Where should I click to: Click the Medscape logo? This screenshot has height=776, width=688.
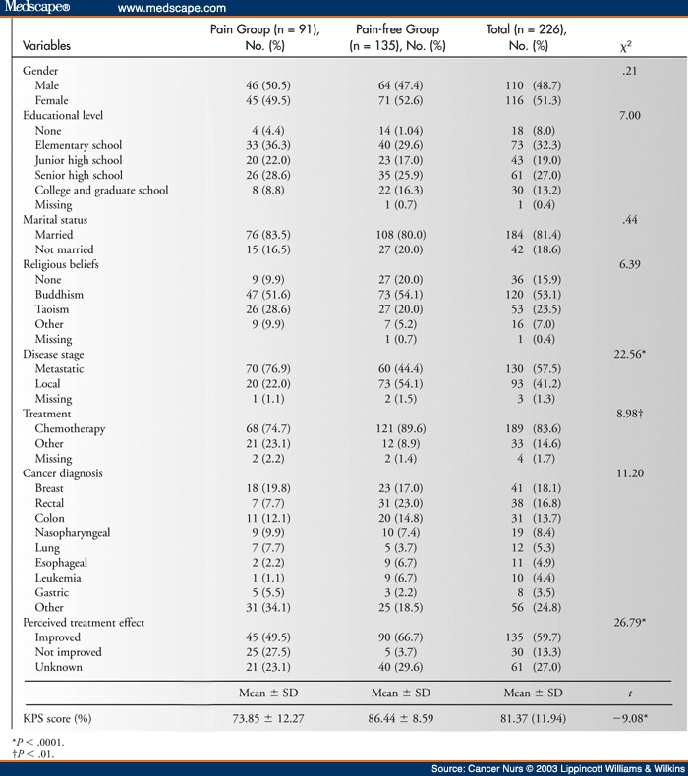(x=36, y=8)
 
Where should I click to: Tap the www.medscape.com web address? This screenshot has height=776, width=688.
(x=172, y=9)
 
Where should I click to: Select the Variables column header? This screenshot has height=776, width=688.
(x=46, y=45)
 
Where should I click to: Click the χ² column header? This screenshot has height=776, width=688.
(x=626, y=46)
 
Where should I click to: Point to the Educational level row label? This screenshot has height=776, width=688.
(x=63, y=115)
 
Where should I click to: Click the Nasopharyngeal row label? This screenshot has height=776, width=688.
(x=73, y=533)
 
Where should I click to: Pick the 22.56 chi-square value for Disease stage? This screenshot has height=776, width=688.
(x=630, y=354)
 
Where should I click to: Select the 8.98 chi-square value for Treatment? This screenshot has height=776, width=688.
(x=630, y=414)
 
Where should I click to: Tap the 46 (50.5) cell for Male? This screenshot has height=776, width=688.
(x=268, y=85)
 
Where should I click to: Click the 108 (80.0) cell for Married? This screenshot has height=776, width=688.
(x=401, y=235)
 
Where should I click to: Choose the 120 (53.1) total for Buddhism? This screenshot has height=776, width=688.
(x=533, y=295)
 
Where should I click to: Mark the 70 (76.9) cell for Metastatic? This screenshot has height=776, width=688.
(x=268, y=368)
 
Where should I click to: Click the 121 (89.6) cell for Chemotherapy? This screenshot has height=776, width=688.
(x=401, y=428)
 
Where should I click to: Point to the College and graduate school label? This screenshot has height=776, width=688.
(x=101, y=190)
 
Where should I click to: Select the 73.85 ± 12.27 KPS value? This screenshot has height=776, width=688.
(x=268, y=719)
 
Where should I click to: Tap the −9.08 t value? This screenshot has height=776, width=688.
(x=630, y=718)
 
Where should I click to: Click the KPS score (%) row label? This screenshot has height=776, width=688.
(x=57, y=719)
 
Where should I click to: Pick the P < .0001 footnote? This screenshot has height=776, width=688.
(x=37, y=742)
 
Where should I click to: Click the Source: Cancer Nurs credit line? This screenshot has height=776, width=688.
(x=558, y=768)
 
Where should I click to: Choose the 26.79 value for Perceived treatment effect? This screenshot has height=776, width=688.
(x=630, y=622)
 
